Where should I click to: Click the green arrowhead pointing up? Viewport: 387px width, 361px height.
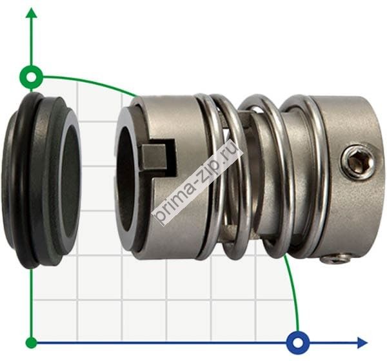(32, 13)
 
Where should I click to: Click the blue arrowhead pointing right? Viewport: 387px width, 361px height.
(362, 343)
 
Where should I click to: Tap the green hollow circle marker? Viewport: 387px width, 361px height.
(32, 77)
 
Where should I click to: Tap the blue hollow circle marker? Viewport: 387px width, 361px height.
(298, 343)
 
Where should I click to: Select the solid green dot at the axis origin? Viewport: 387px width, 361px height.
(32, 343)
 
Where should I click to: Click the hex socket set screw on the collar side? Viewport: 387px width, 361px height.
(357, 162)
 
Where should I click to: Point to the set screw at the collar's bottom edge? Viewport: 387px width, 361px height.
(335, 259)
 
